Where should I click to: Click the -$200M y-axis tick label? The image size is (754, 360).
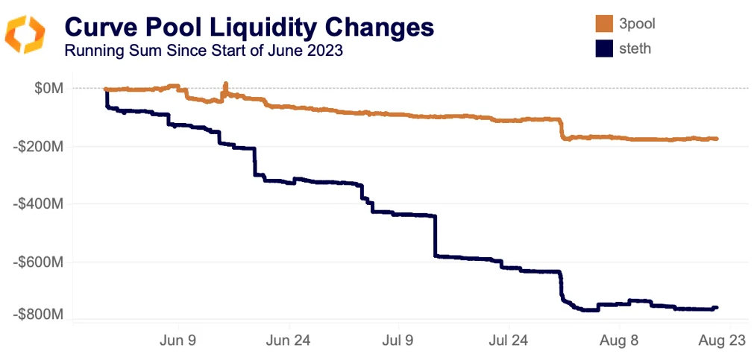[40, 146]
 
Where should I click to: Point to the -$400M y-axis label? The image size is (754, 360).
[40, 203]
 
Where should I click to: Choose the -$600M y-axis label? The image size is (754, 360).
[40, 262]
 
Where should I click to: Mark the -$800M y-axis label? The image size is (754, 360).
[40, 315]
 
